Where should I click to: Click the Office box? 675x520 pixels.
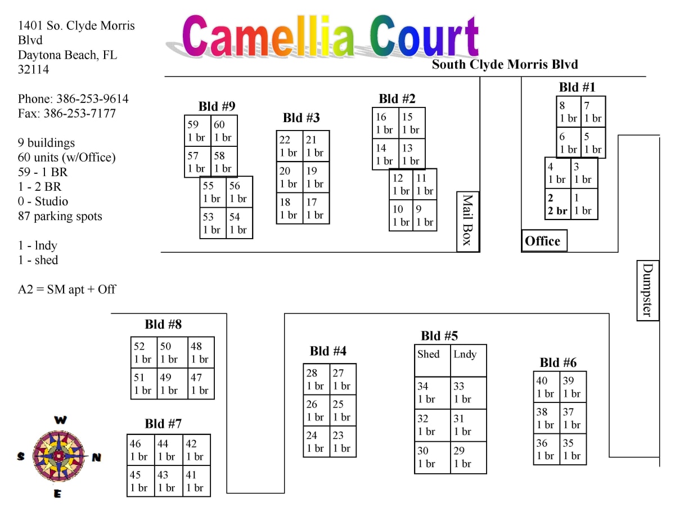[x=544, y=241]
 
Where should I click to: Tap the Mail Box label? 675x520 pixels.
[x=467, y=221]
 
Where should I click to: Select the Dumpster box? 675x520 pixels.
[x=647, y=290]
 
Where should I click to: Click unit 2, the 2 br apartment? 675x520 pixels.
[x=557, y=204]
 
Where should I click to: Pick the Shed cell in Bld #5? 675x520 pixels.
[x=432, y=361]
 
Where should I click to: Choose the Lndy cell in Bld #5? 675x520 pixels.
[x=468, y=361]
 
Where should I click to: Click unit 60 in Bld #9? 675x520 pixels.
[x=224, y=131]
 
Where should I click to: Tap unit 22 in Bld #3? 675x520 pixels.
[x=289, y=146]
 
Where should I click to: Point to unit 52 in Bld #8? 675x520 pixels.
[x=143, y=353]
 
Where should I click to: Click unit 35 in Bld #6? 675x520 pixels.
[x=573, y=449]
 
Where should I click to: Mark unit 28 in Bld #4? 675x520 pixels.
[x=316, y=379]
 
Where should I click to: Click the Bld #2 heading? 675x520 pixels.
[x=397, y=99]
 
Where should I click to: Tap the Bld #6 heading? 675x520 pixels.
[x=558, y=362]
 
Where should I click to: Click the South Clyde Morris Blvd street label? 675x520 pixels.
[x=505, y=64]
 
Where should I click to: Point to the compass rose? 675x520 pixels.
[x=57, y=456]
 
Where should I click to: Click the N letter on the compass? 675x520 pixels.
[x=96, y=458]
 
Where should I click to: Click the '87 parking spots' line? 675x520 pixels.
[x=60, y=216]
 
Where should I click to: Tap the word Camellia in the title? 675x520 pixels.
[x=269, y=37]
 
